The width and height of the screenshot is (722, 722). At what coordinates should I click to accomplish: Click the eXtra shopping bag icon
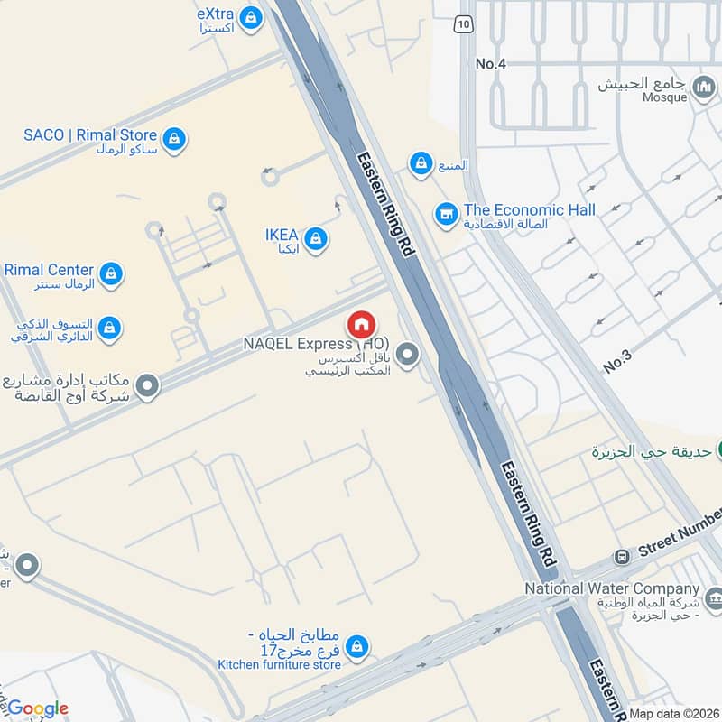(251, 16)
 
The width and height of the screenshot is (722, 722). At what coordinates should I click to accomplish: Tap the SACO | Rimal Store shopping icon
(174, 139)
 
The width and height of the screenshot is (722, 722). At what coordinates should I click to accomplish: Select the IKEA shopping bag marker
(315, 238)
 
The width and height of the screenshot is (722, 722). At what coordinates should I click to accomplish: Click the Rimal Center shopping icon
(111, 273)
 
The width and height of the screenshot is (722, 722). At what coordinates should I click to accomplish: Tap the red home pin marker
(361, 324)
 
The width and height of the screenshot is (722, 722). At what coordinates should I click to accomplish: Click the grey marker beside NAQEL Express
(408, 355)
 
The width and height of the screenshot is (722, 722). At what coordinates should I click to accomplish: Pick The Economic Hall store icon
(444, 215)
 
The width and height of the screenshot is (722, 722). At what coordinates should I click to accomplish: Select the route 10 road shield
(463, 24)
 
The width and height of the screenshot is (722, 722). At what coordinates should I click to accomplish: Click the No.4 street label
(491, 64)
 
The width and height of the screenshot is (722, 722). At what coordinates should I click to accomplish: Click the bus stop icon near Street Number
(621, 557)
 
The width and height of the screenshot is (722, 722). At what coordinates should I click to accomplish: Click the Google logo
(37, 708)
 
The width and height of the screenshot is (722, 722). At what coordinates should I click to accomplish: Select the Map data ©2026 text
(674, 713)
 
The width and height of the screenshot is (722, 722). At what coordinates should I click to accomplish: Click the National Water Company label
(613, 588)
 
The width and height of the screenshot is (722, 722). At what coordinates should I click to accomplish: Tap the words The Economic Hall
(530, 209)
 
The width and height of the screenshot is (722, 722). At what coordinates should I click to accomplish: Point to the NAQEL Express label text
(302, 344)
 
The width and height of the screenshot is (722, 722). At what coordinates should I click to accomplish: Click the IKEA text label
(282, 235)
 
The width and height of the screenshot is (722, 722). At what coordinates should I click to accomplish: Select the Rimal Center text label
(49, 269)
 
